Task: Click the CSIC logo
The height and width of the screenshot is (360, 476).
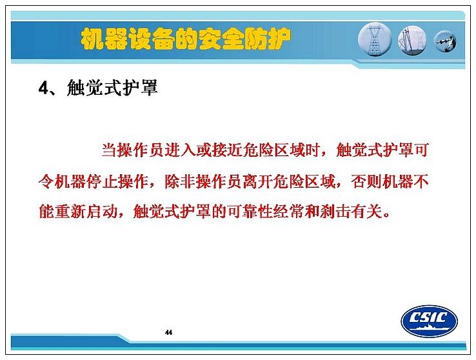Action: point(430,321)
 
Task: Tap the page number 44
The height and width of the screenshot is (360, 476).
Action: point(168,332)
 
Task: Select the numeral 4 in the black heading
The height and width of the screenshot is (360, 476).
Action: point(43,88)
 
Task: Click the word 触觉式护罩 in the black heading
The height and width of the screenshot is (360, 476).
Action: point(112,88)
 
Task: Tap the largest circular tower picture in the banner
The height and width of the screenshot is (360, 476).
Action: point(375,39)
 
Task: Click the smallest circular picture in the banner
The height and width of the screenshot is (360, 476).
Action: point(445,41)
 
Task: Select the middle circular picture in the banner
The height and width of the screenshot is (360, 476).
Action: point(412,40)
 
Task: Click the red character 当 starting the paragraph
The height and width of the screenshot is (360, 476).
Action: point(109,150)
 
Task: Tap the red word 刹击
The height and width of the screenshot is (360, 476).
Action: point(335,211)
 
